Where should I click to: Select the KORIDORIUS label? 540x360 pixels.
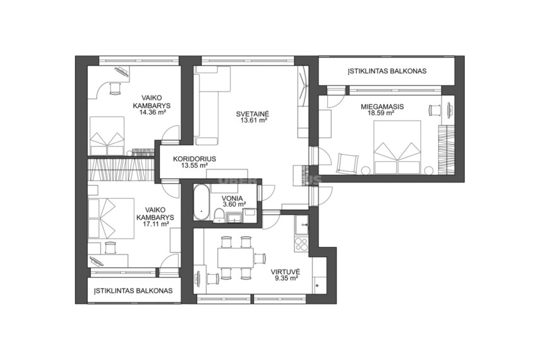pyautogui.click(x=195, y=159)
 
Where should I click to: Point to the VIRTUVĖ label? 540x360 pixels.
pyautogui.click(x=287, y=271)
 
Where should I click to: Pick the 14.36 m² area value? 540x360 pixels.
pyautogui.click(x=153, y=112)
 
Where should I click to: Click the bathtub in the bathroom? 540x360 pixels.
pyautogui.click(x=201, y=202)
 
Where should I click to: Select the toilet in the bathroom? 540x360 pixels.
pyautogui.click(x=219, y=215)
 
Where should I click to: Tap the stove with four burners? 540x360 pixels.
pyautogui.click(x=302, y=244)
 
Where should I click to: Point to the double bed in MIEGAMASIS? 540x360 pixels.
pyautogui.click(x=398, y=147)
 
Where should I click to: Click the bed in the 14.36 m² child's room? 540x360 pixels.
pyautogui.click(x=107, y=136)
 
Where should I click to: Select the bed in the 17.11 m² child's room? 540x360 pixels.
pyautogui.click(x=111, y=219)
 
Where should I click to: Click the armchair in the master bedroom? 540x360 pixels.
pyautogui.click(x=347, y=162)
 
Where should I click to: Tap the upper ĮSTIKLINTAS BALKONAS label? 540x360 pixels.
pyautogui.click(x=387, y=71)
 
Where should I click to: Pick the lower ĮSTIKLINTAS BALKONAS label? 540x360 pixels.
pyautogui.click(x=134, y=291)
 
